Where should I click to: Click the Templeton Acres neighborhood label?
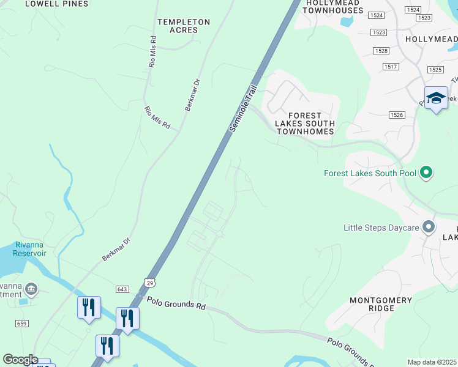pyautogui.click(x=184, y=26)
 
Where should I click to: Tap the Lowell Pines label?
pyautogui.click(x=57, y=4)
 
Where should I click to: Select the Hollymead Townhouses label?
pyautogui.click(x=334, y=7)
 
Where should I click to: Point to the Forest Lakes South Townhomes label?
pyautogui.click(x=304, y=123)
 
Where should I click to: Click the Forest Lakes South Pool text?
pyautogui.click(x=370, y=173)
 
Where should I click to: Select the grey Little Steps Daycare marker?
pyautogui.click(x=429, y=228)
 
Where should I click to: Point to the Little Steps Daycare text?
pyautogui.click(x=381, y=228)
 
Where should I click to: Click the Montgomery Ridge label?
pyautogui.click(x=380, y=304)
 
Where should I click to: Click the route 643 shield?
pyautogui.click(x=121, y=289)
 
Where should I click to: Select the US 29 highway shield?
pyautogui.click(x=150, y=281)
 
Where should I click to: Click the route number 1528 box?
pyautogui.click(x=382, y=51)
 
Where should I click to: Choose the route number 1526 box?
pyautogui.click(x=396, y=114)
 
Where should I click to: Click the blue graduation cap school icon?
pyautogui.click(x=436, y=98)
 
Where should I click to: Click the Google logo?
pyautogui.click(x=21, y=360)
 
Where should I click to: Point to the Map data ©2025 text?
pyautogui.click(x=432, y=362)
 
